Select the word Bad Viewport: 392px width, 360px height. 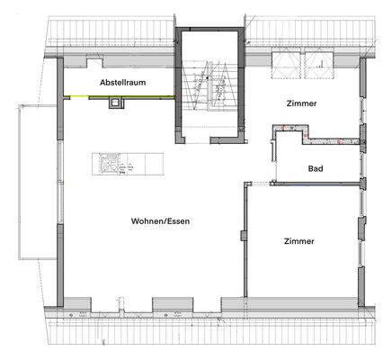click(x=316, y=168)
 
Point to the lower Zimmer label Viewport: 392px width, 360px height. click(x=298, y=241)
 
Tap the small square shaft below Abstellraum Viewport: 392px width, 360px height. click(x=116, y=103)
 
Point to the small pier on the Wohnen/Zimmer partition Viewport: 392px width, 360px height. click(x=242, y=236)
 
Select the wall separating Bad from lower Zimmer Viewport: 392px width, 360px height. click(x=306, y=183)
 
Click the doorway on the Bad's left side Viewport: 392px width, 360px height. click(x=275, y=160)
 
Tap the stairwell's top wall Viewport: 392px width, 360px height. click(x=209, y=31)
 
